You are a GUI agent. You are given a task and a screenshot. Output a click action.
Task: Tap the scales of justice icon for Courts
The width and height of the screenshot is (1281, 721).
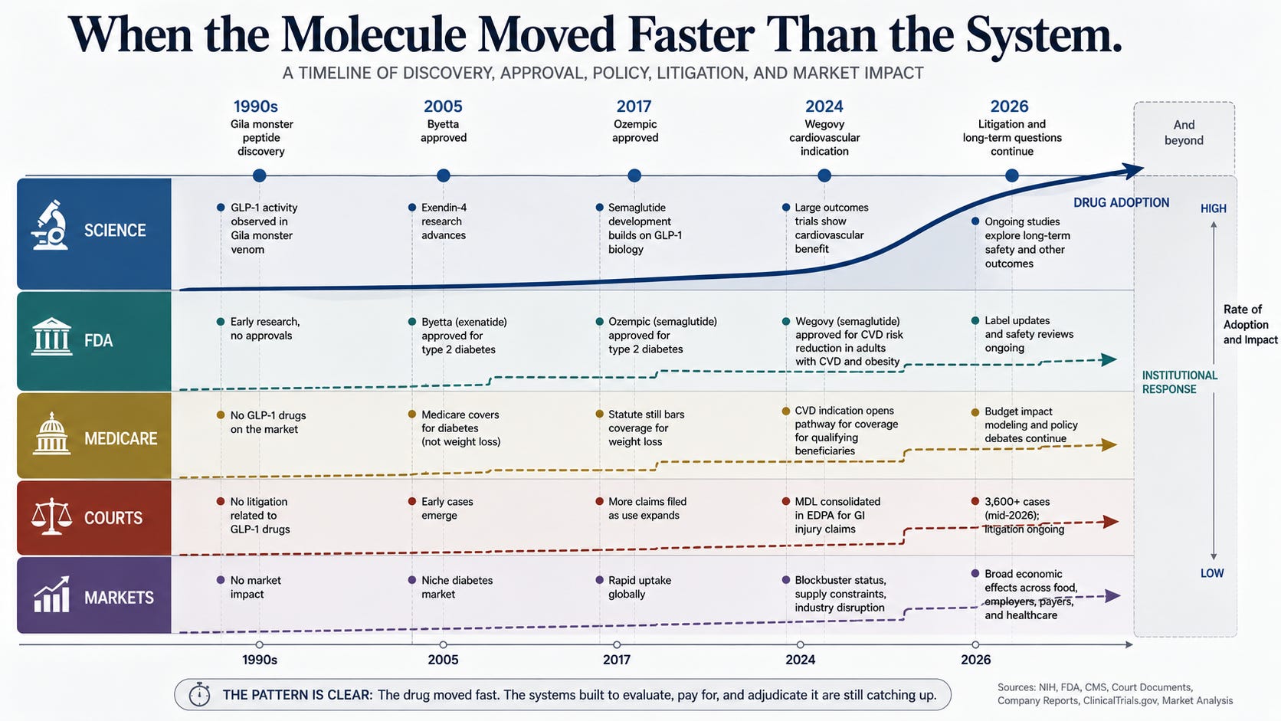tap(51, 516)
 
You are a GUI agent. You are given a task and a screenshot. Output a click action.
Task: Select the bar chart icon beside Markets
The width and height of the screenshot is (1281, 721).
tap(51, 594)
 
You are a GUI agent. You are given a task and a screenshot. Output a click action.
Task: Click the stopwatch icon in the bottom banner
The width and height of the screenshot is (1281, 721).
tap(199, 694)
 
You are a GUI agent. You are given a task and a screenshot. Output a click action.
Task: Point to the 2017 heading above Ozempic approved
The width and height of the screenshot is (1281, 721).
tap(634, 107)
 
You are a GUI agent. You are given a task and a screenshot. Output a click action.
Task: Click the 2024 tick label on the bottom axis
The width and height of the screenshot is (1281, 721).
tap(800, 659)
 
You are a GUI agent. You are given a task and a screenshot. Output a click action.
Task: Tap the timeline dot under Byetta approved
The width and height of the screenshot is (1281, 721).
tap(443, 175)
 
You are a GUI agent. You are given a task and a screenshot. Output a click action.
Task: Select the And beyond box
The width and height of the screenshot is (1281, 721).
tap(1184, 139)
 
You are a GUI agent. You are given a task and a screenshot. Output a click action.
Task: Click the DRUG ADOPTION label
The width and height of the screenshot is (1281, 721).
tap(1121, 202)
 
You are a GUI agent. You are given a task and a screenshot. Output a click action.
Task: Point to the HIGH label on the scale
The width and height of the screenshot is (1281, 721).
tap(1213, 208)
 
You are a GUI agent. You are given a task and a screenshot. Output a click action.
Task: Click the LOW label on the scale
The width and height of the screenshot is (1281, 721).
tap(1212, 573)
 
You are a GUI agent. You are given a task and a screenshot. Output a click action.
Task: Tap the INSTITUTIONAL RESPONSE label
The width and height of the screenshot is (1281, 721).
tap(1179, 382)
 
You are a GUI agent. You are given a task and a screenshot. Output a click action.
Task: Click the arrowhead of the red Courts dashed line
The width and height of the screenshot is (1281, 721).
tap(1111, 522)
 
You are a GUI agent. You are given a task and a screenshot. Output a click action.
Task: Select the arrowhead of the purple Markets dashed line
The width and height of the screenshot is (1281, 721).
tap(1112, 596)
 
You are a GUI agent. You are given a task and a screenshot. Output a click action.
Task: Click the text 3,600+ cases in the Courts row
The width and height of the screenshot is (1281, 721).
tap(1017, 501)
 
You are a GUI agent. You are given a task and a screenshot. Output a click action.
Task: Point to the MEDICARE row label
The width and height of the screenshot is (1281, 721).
tap(120, 438)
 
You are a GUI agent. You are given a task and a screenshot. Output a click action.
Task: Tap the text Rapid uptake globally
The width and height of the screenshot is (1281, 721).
tap(640, 587)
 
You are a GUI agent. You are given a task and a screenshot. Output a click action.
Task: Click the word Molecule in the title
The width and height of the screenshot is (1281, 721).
tap(373, 35)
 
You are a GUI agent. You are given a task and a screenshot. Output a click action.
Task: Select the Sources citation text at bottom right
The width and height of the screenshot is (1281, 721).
tap(1116, 693)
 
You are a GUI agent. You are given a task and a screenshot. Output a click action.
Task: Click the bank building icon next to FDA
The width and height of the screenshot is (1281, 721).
tap(51, 337)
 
